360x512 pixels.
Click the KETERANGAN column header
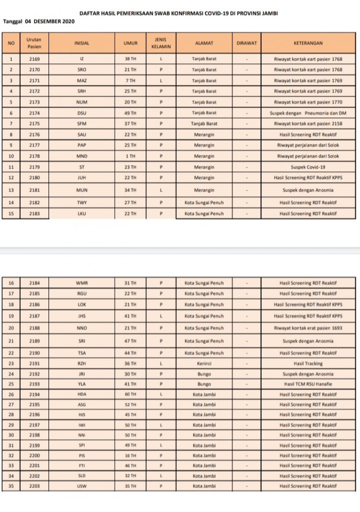click(x=308, y=43)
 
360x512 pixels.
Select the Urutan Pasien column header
click(x=34, y=43)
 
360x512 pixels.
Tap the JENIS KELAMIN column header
click(x=161, y=43)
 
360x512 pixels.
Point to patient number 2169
click(x=34, y=60)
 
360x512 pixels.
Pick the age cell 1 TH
click(x=130, y=156)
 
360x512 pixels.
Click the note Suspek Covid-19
click(x=308, y=167)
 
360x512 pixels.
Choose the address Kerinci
click(x=204, y=364)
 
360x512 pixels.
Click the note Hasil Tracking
click(x=308, y=364)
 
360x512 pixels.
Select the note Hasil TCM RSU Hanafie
click(x=308, y=384)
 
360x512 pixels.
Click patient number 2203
click(x=34, y=486)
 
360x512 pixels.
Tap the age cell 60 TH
click(x=130, y=394)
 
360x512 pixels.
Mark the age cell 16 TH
click(x=130, y=455)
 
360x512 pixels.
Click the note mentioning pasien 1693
click(x=308, y=328)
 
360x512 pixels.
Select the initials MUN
click(x=82, y=190)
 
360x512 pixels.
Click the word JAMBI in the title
click(x=270, y=13)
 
